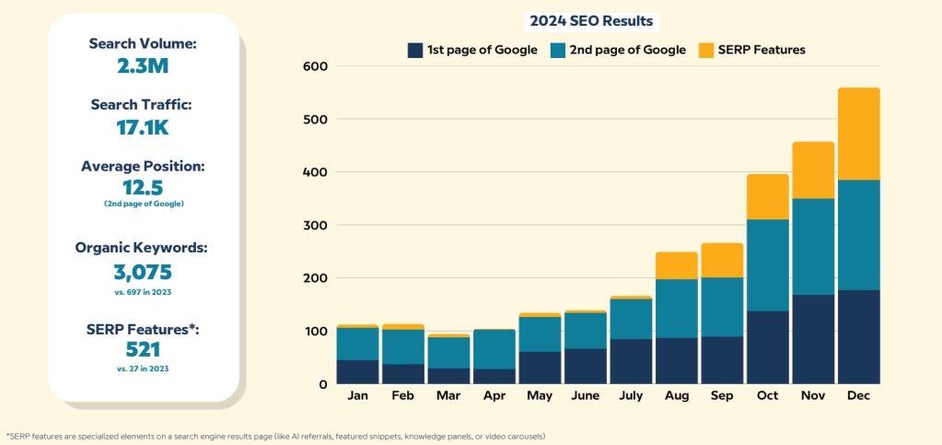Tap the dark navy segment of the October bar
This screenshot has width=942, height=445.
[x=768, y=347]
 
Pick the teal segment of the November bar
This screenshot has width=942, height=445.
[x=813, y=247]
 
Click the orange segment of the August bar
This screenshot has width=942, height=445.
[x=677, y=265]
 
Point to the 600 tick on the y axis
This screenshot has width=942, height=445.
[x=316, y=66]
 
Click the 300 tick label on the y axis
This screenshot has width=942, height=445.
[x=316, y=225]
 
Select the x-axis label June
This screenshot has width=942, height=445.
[x=586, y=395]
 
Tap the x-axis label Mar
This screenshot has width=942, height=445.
[x=448, y=395]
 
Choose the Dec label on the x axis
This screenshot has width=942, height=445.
[x=859, y=395]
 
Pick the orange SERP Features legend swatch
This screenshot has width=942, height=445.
[x=707, y=50]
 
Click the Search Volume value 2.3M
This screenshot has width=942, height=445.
[x=144, y=65]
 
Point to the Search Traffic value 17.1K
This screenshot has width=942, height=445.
[x=144, y=127]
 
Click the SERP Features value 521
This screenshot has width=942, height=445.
[x=144, y=349]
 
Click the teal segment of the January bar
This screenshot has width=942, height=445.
[x=357, y=344]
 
